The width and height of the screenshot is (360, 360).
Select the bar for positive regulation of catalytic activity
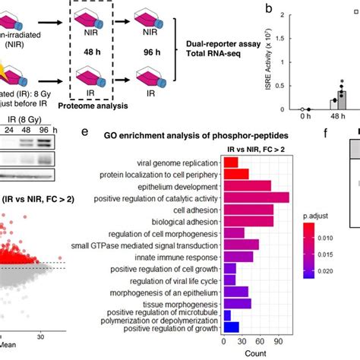(258, 198)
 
